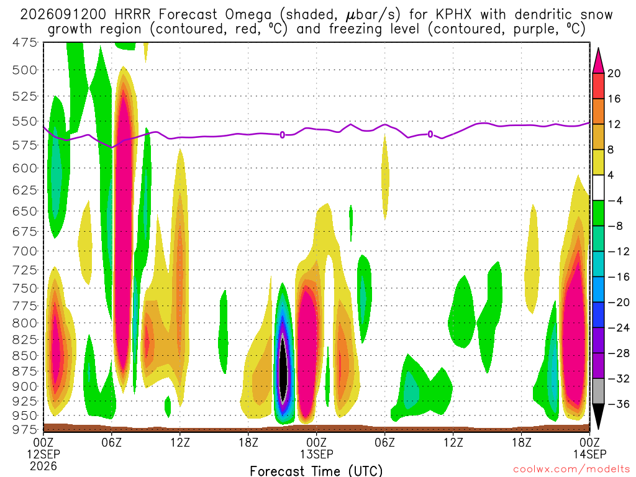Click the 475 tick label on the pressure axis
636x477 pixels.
(x=25, y=43)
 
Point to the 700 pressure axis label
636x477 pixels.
(x=25, y=251)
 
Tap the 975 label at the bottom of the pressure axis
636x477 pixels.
(x=25, y=429)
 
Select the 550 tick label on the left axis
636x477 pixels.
(x=25, y=121)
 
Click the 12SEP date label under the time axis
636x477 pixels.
(x=43, y=454)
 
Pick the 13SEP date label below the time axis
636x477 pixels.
(x=316, y=454)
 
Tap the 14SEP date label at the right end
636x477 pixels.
(x=590, y=454)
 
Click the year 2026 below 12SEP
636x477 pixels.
(x=43, y=466)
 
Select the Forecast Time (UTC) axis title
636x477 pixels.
(x=316, y=471)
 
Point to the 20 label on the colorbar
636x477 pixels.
(x=614, y=73)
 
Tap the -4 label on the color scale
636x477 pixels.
(x=615, y=201)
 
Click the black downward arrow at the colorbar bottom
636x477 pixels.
(x=598, y=416)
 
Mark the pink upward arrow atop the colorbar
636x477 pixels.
(x=598, y=61)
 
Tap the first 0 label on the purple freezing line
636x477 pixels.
(x=283, y=135)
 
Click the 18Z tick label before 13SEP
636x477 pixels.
(x=248, y=442)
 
